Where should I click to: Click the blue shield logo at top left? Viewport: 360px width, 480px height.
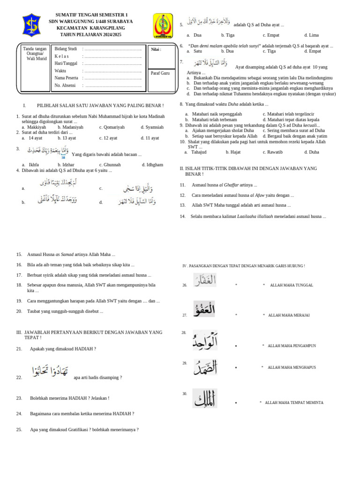tap(34, 25)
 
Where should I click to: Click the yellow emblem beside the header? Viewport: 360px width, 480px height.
tap(163, 26)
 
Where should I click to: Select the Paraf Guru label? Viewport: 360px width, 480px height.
tap(160, 73)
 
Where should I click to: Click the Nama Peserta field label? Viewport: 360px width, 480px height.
tap(66, 78)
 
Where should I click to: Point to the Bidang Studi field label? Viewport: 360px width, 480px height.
tap(66, 49)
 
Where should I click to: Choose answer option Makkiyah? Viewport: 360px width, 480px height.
tap(36, 127)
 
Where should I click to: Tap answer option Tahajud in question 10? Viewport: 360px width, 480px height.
tap(198, 152)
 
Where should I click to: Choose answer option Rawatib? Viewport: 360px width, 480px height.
tap(275, 152)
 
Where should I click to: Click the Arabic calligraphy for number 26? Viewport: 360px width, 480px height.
tap(205, 280)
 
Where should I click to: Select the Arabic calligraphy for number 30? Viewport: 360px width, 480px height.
tap(204, 398)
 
